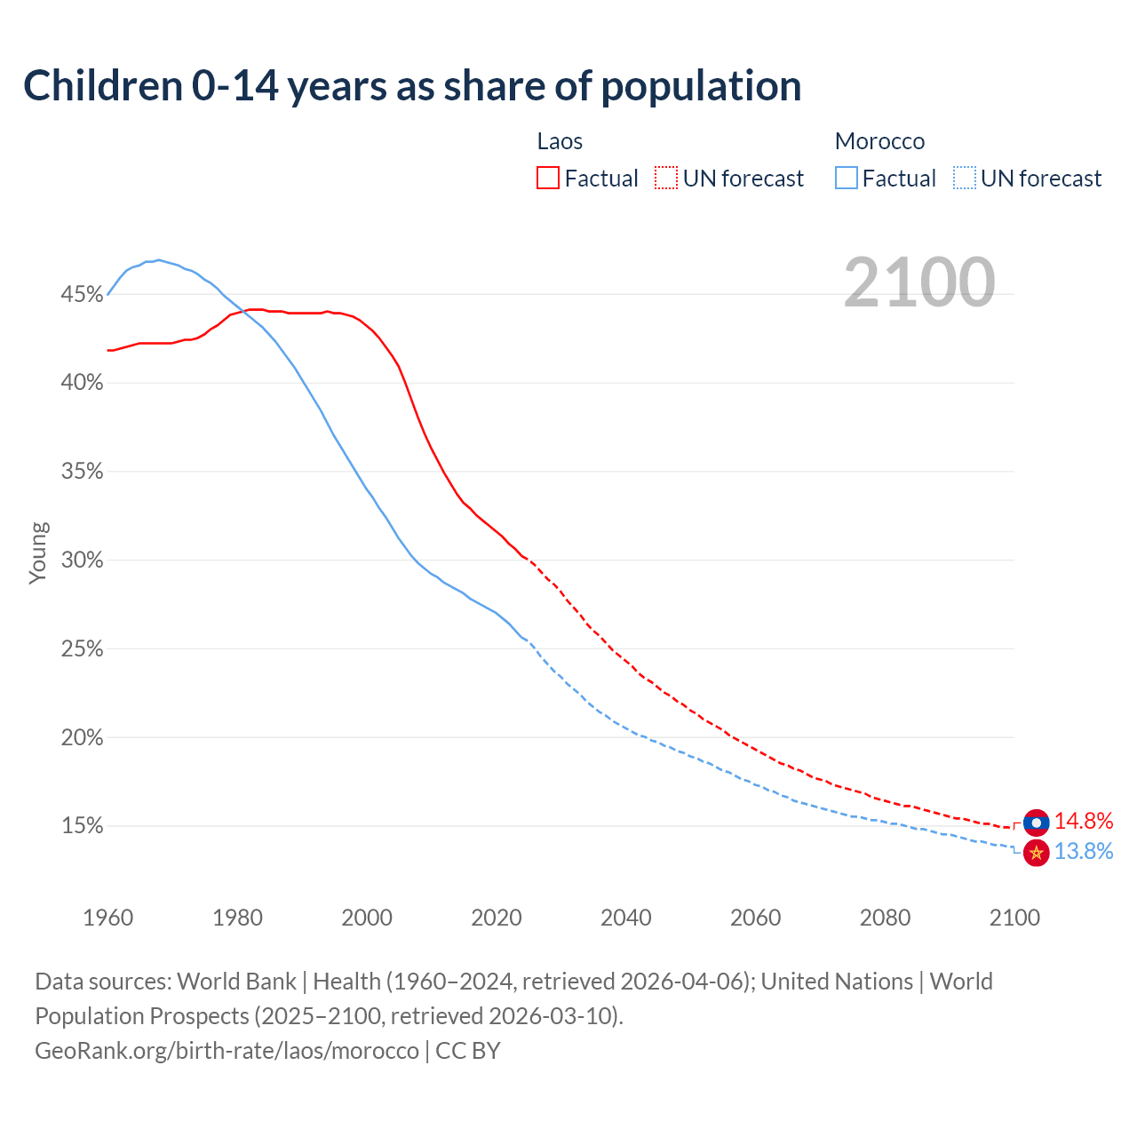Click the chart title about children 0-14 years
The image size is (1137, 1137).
(x=412, y=86)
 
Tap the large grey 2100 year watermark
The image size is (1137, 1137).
(x=918, y=282)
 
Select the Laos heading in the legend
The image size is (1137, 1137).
(x=560, y=141)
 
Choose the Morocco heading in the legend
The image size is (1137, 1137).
(x=879, y=141)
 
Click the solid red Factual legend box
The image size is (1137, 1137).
(x=548, y=179)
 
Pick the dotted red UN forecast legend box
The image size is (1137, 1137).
(x=666, y=179)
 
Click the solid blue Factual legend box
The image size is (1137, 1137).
(x=847, y=179)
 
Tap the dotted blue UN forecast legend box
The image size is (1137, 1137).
(x=965, y=179)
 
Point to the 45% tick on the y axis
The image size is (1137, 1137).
(x=82, y=294)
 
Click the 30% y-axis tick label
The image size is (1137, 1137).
(x=82, y=561)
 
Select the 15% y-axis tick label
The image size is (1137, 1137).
(x=82, y=826)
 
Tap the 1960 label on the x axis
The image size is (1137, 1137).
(x=107, y=918)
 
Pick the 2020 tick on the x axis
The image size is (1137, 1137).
(x=497, y=918)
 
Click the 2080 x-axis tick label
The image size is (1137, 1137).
(x=885, y=918)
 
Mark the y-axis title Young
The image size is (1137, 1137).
(x=38, y=553)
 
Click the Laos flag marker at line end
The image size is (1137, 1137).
(x=1036, y=823)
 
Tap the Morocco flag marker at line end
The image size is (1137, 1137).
(x=1036, y=853)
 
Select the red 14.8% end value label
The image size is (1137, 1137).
(x=1084, y=821)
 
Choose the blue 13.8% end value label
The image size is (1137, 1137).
(x=1084, y=852)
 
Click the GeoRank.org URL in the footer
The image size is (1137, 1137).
(x=227, y=1051)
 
